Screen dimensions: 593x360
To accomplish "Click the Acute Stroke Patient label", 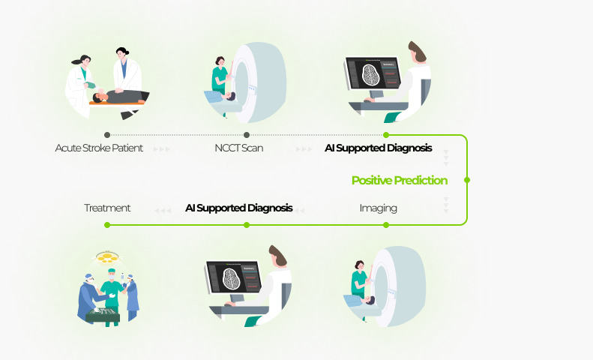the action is click(99, 148).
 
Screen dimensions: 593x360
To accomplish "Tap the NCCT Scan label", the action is click(239, 148).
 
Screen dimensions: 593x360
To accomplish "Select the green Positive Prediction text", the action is click(400, 181).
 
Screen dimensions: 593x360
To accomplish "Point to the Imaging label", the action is click(378, 208).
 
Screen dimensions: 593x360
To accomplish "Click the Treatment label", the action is click(107, 208).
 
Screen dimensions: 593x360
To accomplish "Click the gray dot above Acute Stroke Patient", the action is click(107, 135).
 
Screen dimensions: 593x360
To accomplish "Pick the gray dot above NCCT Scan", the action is click(247, 135).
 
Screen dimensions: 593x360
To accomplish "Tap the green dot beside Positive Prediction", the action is click(467, 180).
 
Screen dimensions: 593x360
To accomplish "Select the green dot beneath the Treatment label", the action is click(107, 225).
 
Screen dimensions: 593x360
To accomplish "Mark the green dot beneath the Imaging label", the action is click(386, 225).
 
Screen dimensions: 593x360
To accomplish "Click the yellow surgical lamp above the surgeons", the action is click(107, 258).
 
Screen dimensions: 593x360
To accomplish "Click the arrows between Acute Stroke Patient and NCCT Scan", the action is click(162, 149).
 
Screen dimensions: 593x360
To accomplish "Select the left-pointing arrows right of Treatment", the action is click(163, 210).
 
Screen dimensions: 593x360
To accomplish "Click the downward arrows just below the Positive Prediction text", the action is click(446, 205).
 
